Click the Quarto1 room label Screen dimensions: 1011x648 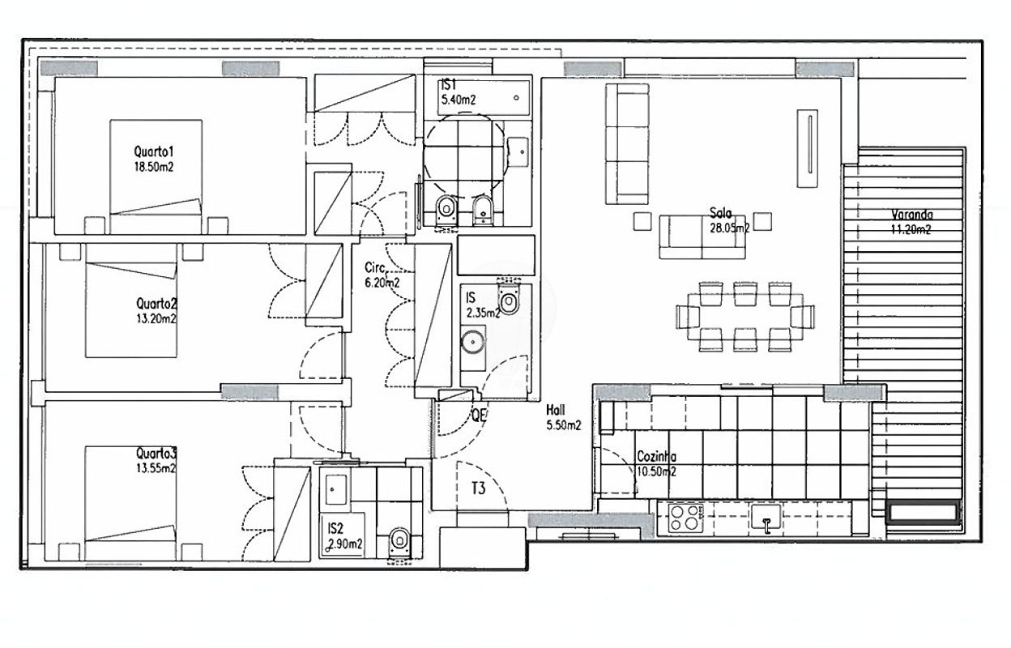(153, 151)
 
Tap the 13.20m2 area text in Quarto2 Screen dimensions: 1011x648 (156, 318)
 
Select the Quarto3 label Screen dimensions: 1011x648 (156, 453)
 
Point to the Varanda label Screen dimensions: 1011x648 (911, 215)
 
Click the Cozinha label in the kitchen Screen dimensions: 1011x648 (656, 456)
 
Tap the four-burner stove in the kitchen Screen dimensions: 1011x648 (685, 518)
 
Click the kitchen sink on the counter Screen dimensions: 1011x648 (765, 517)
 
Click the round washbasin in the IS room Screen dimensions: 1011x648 (472, 342)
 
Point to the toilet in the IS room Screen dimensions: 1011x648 (509, 297)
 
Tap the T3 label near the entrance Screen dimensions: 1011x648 (479, 488)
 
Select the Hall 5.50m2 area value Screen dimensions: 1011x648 (564, 425)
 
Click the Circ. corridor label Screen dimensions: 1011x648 (376, 268)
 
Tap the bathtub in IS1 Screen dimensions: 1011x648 (484, 98)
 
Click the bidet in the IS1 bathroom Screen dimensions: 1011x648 (483, 211)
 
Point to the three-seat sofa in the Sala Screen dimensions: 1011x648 (627, 144)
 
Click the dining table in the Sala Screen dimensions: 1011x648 (745, 317)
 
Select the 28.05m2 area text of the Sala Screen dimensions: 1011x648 (729, 228)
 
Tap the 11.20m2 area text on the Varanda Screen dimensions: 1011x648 (911, 230)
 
